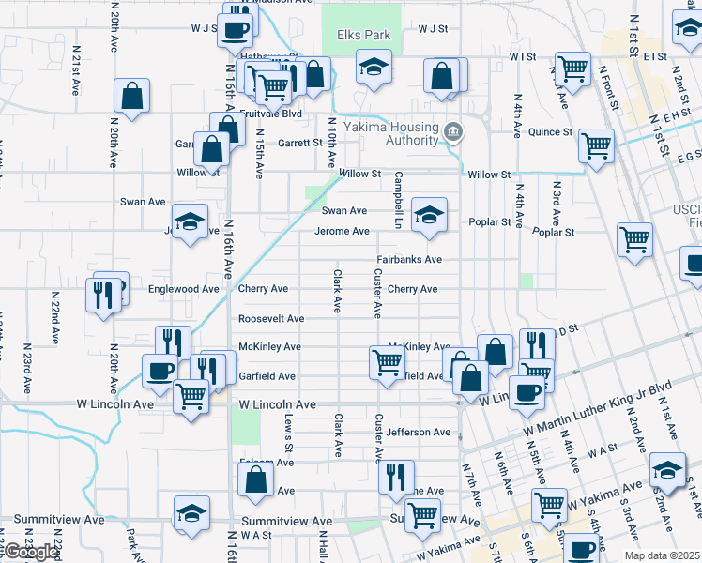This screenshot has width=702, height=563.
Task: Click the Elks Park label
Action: (362, 36)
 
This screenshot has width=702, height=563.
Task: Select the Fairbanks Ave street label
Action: (409, 259)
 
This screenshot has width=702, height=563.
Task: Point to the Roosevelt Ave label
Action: (271, 319)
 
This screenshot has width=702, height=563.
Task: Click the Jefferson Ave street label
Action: (419, 433)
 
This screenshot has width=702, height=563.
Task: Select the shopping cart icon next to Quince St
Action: (596, 145)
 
